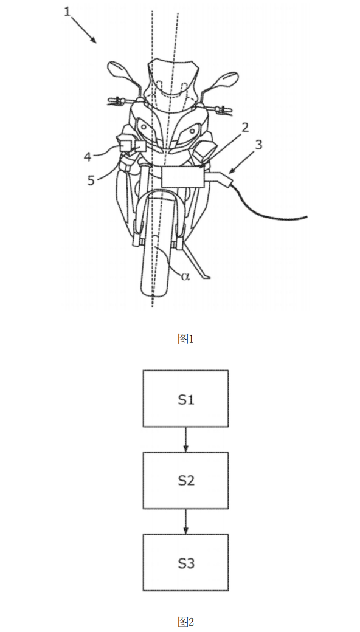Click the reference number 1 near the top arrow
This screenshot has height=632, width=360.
pyautogui.click(x=67, y=12)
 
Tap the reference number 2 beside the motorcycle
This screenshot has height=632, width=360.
pyautogui.click(x=245, y=128)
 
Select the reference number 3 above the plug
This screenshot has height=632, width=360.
pyautogui.click(x=258, y=145)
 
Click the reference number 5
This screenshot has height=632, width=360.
pyautogui.click(x=91, y=180)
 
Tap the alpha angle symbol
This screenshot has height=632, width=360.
pyautogui.click(x=185, y=276)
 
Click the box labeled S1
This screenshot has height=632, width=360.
pyautogui.click(x=186, y=398)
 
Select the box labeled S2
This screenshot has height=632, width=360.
pyautogui.click(x=186, y=480)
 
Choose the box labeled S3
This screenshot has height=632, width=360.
pyautogui.click(x=186, y=562)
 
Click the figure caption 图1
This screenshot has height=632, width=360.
pyautogui.click(x=186, y=339)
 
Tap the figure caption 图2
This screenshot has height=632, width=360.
pyautogui.click(x=186, y=621)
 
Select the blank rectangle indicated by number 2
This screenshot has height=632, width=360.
pyautogui.click(x=182, y=177)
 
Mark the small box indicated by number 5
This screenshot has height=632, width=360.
pyautogui.click(x=141, y=146)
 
